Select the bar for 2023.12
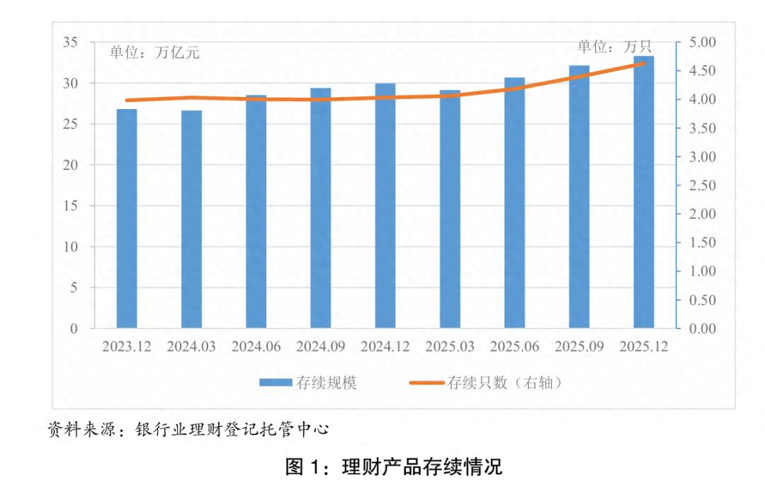tap(127, 219)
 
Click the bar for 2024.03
tap(191, 219)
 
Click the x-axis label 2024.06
tap(256, 347)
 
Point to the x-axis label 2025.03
tap(450, 347)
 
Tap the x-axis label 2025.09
tap(579, 347)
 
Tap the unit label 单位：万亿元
tap(154, 53)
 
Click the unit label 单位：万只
tap(613, 47)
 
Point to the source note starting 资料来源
tap(188, 429)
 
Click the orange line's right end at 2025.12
tap(644, 64)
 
